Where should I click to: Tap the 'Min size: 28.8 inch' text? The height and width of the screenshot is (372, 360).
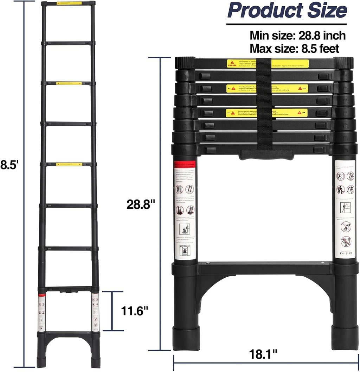(297, 36)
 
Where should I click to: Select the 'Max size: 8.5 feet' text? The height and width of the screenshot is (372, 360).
(294, 48)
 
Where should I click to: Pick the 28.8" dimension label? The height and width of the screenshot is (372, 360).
(141, 204)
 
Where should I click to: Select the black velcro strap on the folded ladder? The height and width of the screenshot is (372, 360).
(264, 106)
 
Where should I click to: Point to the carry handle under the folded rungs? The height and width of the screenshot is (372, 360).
(266, 155)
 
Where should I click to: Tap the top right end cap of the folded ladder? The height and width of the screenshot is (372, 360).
(343, 63)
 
